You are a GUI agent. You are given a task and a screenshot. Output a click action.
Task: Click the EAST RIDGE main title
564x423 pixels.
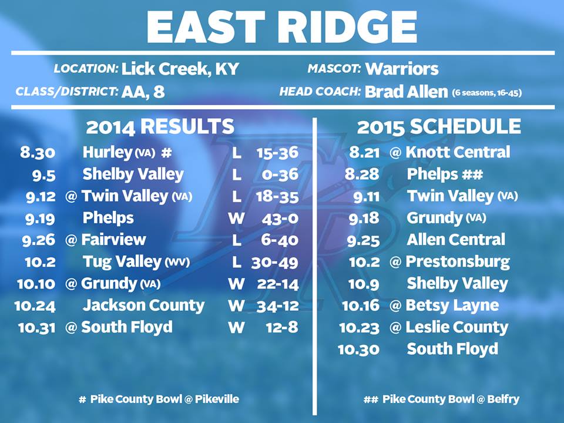tap(281, 27)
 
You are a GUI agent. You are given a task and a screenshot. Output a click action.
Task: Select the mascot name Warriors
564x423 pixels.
tap(402, 68)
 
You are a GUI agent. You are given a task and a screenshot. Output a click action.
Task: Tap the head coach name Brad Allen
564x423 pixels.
tap(406, 92)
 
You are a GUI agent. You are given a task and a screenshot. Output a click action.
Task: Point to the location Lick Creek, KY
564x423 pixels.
tap(180, 69)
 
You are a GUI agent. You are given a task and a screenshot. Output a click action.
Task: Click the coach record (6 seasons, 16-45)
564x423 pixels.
tap(487, 93)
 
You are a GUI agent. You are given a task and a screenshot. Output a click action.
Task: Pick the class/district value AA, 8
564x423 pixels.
tap(143, 92)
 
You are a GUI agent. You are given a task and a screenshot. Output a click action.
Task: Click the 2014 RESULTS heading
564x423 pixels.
tap(160, 127)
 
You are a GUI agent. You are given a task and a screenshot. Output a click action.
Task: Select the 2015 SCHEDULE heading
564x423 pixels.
tap(439, 127)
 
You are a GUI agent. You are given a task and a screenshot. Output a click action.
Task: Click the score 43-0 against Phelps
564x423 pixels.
tap(280, 219)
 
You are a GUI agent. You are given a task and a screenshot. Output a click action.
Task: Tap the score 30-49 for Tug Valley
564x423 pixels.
tap(275, 263)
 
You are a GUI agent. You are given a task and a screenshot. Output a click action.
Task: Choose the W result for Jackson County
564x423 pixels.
tap(236, 305)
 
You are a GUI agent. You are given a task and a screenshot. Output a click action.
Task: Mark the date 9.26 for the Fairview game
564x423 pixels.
tap(39, 240)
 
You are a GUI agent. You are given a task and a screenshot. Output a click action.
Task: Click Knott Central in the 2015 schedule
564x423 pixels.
tap(458, 152)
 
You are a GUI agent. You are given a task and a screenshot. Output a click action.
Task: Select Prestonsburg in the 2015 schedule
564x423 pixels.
tap(458, 262)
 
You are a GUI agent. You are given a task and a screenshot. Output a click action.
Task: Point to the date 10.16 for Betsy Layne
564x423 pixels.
tap(361, 305)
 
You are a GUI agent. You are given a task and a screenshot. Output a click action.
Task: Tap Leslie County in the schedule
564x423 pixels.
tap(457, 328)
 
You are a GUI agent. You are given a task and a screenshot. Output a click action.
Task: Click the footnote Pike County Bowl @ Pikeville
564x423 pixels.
tap(164, 399)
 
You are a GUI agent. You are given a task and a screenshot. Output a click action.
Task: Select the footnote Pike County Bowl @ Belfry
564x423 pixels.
tap(451, 399)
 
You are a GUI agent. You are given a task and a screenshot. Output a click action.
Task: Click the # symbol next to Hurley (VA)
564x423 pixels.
tap(166, 153)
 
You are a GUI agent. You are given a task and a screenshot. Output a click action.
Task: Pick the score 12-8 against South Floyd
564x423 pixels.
tap(283, 328)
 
